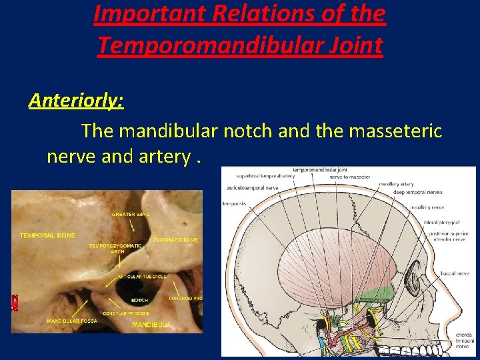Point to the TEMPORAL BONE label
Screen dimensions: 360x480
click(47, 235)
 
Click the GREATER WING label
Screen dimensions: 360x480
click(131, 214)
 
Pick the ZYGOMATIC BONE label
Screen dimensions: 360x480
click(175, 239)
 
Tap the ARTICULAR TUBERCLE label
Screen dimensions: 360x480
click(142, 276)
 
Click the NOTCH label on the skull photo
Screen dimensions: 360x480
click(139, 300)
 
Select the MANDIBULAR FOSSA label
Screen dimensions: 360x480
click(71, 321)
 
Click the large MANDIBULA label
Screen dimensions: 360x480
click(151, 325)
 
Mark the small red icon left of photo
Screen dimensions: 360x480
click(14, 302)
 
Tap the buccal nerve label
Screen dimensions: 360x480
click(454, 273)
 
